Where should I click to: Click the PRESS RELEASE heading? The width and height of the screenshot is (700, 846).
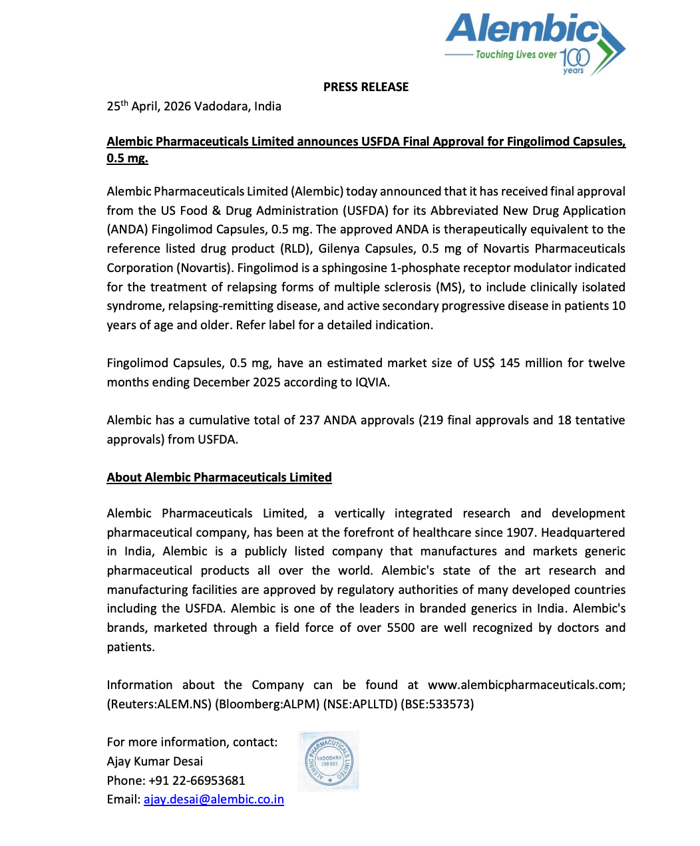[366, 87]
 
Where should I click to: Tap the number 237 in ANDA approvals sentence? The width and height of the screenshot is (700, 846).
[309, 420]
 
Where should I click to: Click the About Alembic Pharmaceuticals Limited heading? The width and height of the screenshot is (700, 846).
[219, 478]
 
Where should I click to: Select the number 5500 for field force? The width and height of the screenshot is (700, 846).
[401, 628]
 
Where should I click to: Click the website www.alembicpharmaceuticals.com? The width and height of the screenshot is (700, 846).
[526, 685]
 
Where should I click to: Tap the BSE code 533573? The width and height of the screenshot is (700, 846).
[450, 704]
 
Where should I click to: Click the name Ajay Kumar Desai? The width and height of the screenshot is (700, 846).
[154, 762]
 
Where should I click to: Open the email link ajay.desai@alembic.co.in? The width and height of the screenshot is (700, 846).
[214, 799]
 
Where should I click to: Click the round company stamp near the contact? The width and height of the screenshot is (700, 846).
[329, 762]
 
